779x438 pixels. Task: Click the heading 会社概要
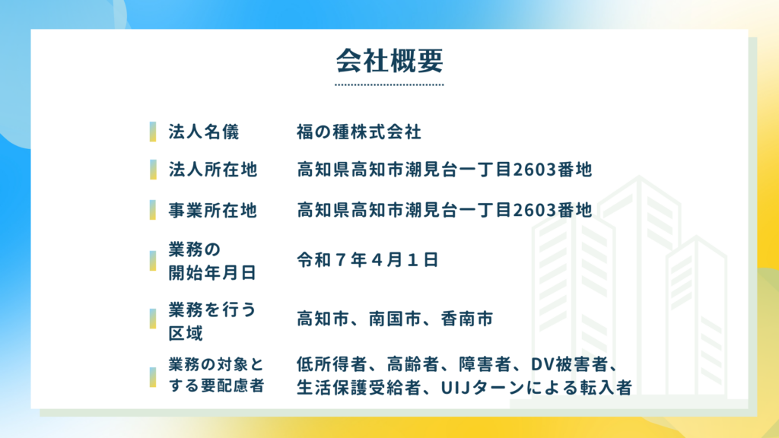tap(389, 61)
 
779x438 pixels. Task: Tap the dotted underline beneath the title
tap(389, 85)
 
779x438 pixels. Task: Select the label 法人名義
tap(204, 132)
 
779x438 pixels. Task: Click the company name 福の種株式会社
tap(359, 132)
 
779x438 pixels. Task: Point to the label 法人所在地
tap(213, 170)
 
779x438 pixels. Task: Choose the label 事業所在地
tap(213, 210)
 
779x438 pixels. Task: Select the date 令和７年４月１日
tap(367, 260)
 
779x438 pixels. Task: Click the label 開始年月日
tap(212, 273)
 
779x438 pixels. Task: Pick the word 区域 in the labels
tap(186, 333)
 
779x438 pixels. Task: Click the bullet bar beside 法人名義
tap(153, 132)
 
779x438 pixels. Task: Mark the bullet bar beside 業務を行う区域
tap(153, 319)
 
